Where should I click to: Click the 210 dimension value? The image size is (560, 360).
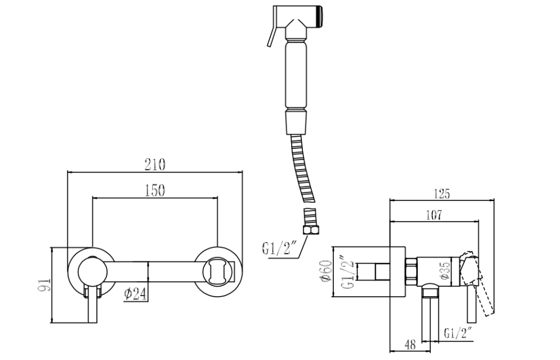pyautogui.click(x=155, y=165)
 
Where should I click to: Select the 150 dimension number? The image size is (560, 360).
pyautogui.click(x=155, y=190)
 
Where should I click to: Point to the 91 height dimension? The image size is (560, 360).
pyautogui.click(x=45, y=285)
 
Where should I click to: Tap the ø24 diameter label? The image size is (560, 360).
pyautogui.click(x=136, y=294)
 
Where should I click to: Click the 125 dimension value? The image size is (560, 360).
pyautogui.click(x=442, y=194)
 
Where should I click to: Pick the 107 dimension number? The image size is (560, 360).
pyautogui.click(x=434, y=215)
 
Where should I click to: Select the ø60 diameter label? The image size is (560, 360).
pyautogui.click(x=327, y=272)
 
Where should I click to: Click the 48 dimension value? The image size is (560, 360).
pyautogui.click(x=410, y=345)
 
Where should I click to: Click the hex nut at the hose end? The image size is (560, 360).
pyautogui.click(x=311, y=229)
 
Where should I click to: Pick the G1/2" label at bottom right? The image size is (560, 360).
pyautogui.click(x=458, y=333)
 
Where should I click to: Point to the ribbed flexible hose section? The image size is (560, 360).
pyautogui.click(x=304, y=168)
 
